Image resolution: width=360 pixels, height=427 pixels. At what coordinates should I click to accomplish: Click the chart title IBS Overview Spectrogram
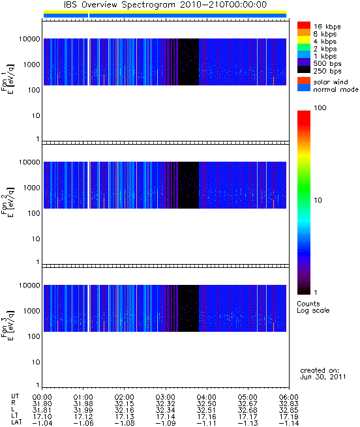pos(119,5)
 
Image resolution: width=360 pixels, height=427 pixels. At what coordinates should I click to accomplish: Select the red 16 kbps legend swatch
pos(304,25)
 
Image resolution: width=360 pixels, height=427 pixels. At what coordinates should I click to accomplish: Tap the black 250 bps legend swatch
pos(304,70)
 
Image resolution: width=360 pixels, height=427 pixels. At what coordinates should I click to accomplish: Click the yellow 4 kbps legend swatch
pos(304,40)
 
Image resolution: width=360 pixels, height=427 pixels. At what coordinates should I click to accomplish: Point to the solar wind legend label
pos(331,82)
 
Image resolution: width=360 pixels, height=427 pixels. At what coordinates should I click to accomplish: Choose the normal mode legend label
pos(336,89)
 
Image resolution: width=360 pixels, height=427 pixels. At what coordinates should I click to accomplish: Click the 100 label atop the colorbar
pos(320,108)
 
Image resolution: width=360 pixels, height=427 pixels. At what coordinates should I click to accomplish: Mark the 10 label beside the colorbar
pos(318,200)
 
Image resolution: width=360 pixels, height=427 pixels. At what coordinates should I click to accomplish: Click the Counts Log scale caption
pos(313,307)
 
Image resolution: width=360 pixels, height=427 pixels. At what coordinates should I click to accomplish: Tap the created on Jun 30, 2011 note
pos(323,374)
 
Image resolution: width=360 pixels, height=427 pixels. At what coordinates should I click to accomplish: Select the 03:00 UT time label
pos(166,397)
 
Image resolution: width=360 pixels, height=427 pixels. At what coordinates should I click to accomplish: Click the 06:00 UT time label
pos(289,397)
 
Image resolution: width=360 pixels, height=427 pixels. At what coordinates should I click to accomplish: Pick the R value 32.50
pos(206,404)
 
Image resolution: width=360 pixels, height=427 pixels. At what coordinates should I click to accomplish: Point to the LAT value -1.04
pos(42,423)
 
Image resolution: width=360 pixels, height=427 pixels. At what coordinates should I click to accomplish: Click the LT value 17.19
pos(289,417)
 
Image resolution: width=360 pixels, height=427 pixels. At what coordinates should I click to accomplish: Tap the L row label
pos(13,410)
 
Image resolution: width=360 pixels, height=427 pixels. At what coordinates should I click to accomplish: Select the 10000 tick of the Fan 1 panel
pos(29,39)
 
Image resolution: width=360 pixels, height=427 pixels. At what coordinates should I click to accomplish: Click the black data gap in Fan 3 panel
pos(188,308)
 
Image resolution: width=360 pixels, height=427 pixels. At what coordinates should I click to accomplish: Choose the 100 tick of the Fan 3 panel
pos(34,336)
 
